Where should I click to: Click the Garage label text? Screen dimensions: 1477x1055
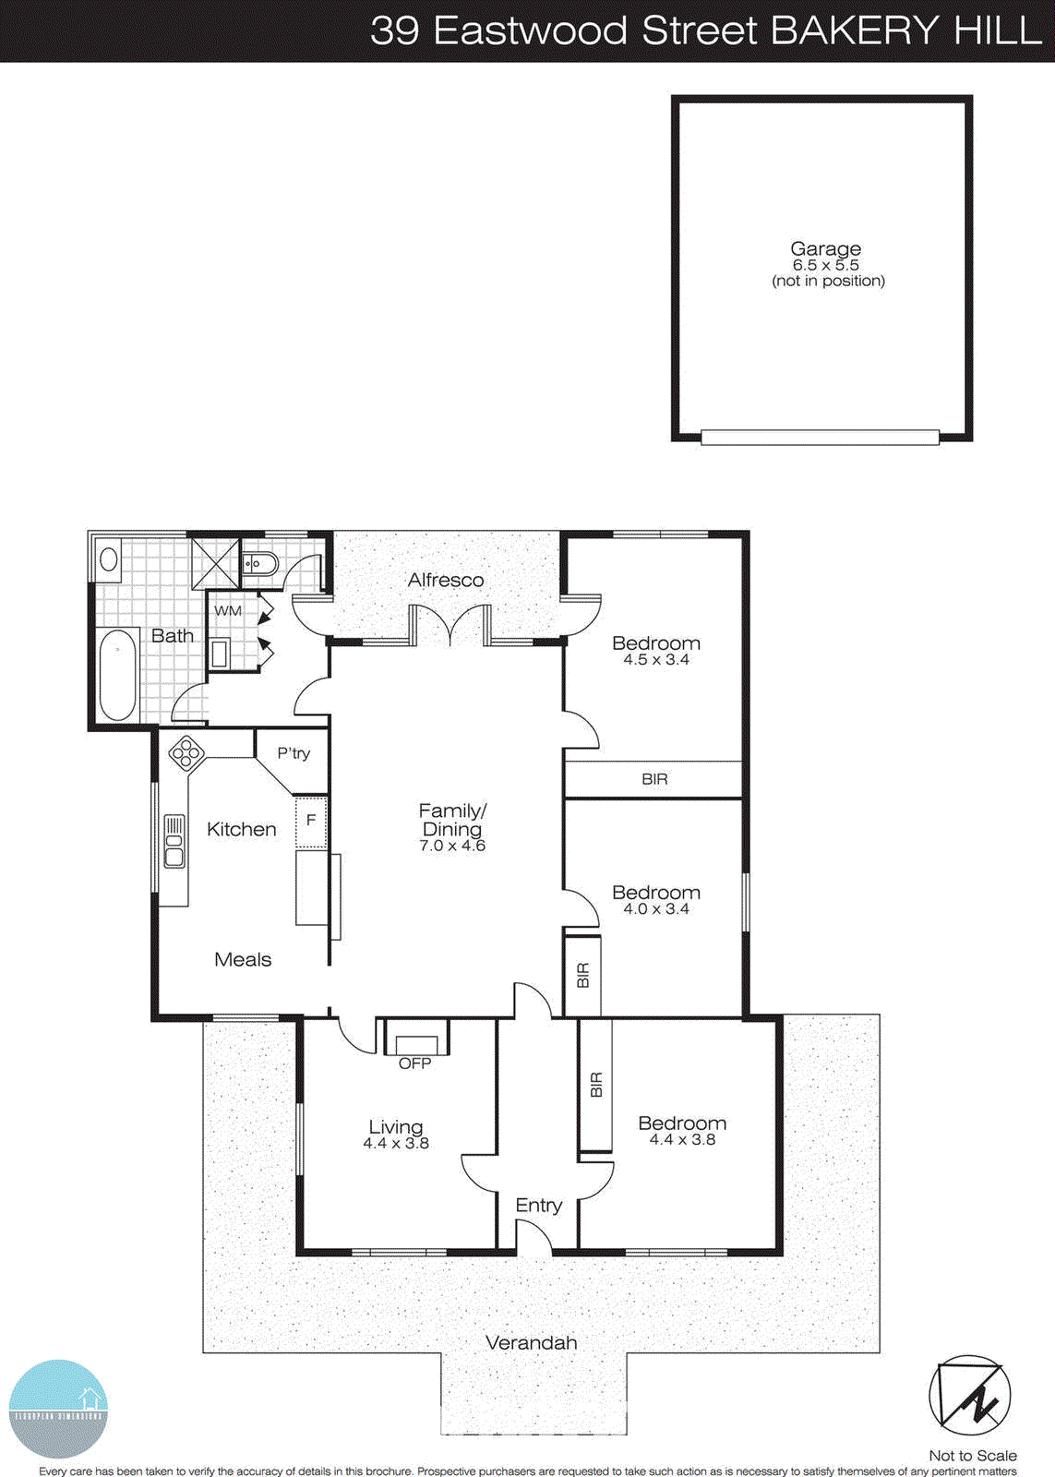click(x=825, y=248)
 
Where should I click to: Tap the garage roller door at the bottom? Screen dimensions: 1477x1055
click(x=820, y=438)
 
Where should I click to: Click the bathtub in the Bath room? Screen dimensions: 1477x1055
click(x=117, y=674)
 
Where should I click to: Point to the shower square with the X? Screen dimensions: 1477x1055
click(x=214, y=563)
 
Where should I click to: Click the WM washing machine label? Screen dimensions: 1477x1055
click(x=228, y=611)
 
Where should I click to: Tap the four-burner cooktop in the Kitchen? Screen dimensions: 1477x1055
click(x=186, y=754)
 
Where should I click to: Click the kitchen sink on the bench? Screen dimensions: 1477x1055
click(x=174, y=841)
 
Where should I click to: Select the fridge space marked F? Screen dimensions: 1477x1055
click(x=311, y=820)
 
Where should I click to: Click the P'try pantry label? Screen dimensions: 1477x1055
click(x=294, y=753)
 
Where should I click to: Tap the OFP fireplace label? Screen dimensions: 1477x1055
click(x=414, y=1063)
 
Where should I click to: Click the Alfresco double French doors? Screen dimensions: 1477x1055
click(x=450, y=625)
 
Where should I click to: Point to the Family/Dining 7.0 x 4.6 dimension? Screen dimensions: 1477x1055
click(x=452, y=846)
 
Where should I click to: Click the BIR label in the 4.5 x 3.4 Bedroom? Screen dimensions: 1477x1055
click(x=654, y=779)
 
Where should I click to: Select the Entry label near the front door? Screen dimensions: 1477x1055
click(x=538, y=1205)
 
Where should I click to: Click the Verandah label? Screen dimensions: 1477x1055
click(x=531, y=1342)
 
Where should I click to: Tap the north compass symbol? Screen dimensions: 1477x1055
click(x=969, y=1396)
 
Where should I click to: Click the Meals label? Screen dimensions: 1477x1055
click(x=243, y=959)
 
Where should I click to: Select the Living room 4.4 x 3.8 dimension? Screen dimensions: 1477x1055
click(x=396, y=1143)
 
